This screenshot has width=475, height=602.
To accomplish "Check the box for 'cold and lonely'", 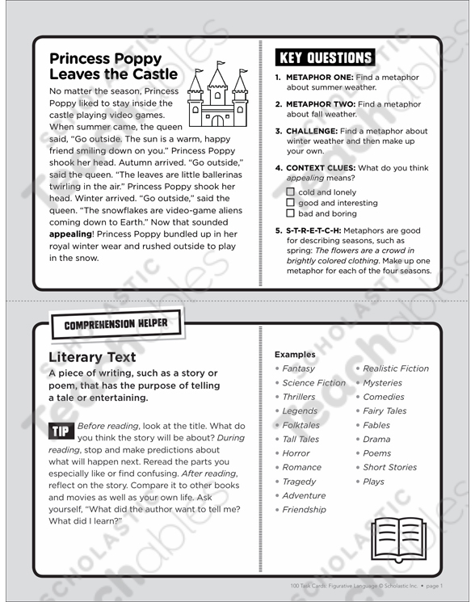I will tap(291, 192).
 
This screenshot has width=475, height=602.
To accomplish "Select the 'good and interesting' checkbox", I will tap(291, 203).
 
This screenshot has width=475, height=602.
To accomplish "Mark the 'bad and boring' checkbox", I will tap(291, 214).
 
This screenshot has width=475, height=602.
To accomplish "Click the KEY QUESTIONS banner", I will tap(325, 58).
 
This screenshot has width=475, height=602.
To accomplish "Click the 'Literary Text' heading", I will tap(92, 356).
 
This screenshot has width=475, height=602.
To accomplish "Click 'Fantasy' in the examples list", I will tap(298, 368).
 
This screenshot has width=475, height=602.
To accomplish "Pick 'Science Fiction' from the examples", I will tap(313, 383).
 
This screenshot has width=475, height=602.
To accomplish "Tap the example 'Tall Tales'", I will tap(301, 440).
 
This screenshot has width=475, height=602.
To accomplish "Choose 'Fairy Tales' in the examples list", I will tap(385, 411).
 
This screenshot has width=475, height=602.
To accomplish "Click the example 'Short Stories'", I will tap(389, 467).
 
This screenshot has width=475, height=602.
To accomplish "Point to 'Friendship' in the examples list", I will tap(304, 510).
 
